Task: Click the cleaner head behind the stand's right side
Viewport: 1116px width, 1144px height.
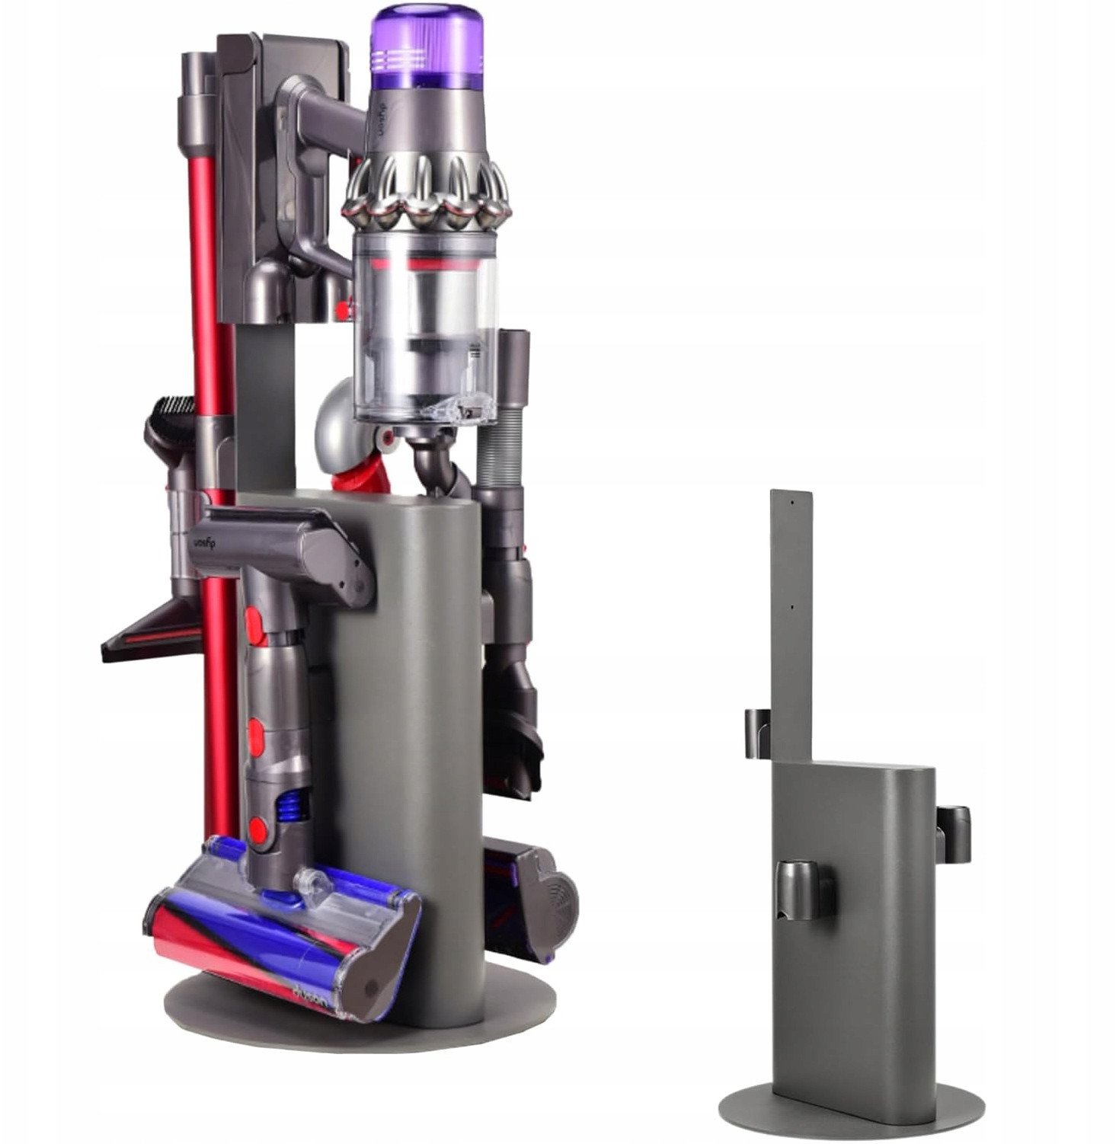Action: [534, 891]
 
